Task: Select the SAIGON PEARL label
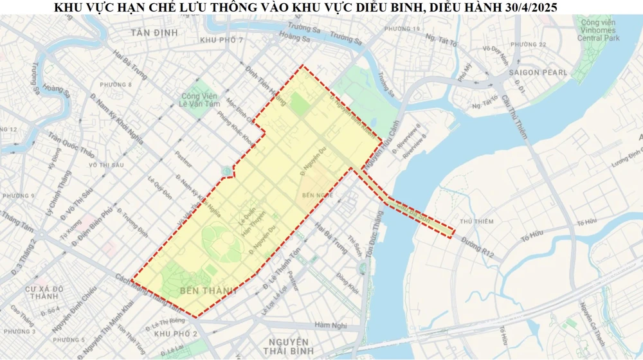click(538, 73)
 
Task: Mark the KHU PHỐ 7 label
click(222, 40)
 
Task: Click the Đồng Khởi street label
click(347, 282)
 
